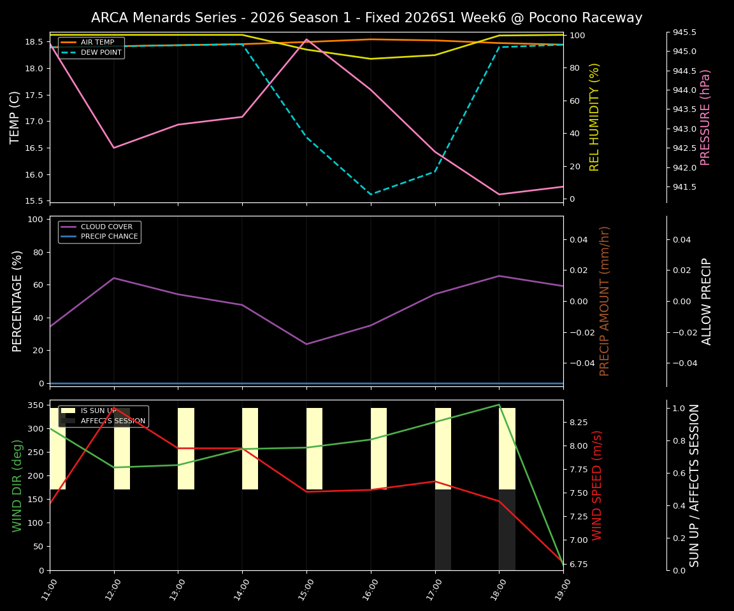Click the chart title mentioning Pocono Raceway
[366, 18]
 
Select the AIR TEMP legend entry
[97, 43]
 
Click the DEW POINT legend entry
[101, 53]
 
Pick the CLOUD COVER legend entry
[106, 227]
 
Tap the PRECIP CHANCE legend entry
[109, 237]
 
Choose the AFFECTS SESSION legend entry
[112, 421]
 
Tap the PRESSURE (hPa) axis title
[705, 117]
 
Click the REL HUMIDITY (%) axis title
[594, 117]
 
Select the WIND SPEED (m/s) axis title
[597, 485]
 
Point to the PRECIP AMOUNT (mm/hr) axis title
[605, 301]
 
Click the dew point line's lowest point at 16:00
[371, 195]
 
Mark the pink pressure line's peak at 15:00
[306, 39]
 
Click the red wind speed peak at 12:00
[115, 408]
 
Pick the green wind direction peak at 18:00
[499, 405]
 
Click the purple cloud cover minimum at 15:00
[306, 344]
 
